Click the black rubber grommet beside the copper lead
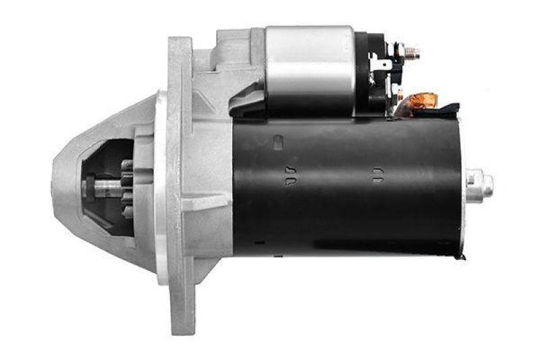coord(446,107)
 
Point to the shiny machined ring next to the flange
coord(161,189)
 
